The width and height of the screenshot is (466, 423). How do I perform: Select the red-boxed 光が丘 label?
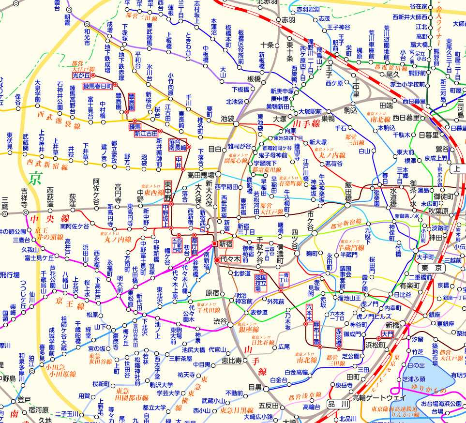coord(81,76)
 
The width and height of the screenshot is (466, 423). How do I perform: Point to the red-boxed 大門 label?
coord(388,333)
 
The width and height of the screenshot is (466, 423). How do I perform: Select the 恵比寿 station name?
coord(231,361)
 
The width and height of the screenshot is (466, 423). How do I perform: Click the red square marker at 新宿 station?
coord(215,243)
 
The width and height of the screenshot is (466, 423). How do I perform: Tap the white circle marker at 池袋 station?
coord(236,124)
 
